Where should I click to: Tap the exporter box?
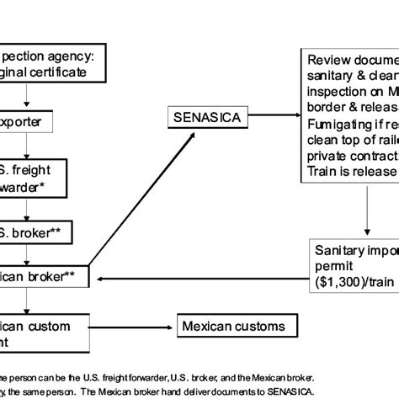coord(29,123)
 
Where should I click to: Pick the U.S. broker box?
coord(34,229)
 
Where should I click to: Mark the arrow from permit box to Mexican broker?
coord(202,279)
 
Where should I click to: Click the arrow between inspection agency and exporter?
coord(29,95)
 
